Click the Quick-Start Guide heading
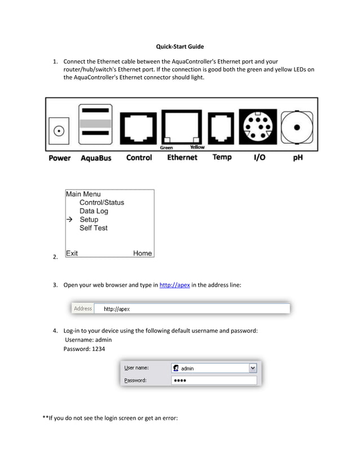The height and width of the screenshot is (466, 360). pyautogui.click(x=179, y=46)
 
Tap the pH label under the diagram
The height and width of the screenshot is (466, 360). pyautogui.click(x=297, y=158)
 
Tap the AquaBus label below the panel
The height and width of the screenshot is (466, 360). pyautogui.click(x=95, y=158)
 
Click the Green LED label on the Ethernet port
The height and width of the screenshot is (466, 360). pyautogui.click(x=166, y=148)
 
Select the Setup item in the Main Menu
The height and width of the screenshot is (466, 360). pyautogui.click(x=89, y=219)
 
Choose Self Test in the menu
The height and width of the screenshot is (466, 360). pyautogui.click(x=93, y=228)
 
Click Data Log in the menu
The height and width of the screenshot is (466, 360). pyautogui.click(x=93, y=211)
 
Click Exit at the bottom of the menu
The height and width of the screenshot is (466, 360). pyautogui.click(x=72, y=253)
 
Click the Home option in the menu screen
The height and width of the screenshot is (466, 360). pyautogui.click(x=142, y=253)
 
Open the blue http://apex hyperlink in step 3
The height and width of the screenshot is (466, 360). pyautogui.click(x=174, y=285)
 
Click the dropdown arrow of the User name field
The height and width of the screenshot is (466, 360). pyautogui.click(x=253, y=368)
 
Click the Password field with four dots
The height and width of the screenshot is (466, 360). pyautogui.click(x=213, y=381)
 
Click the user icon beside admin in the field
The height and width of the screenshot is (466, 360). pyautogui.click(x=176, y=368)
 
